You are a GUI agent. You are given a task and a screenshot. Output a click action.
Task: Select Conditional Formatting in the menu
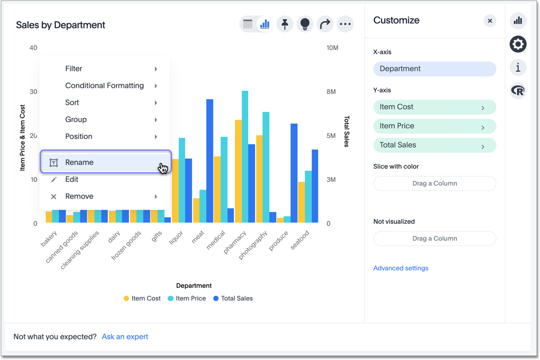click(104, 86)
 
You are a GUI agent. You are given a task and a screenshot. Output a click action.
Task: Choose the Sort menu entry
click(72, 103)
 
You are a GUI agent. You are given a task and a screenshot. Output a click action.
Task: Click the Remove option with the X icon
click(79, 197)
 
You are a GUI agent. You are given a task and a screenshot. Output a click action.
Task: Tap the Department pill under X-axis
click(434, 69)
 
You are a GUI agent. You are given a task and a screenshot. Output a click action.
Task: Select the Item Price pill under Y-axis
click(434, 126)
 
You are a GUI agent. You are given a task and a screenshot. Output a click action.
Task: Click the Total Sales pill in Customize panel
click(434, 145)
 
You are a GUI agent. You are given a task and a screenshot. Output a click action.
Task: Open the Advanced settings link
click(400, 268)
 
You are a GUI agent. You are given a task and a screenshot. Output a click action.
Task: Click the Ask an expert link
click(125, 337)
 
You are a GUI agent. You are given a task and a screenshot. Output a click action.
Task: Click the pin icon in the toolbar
click(285, 24)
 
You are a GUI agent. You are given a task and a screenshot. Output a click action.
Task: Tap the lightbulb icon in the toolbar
click(305, 24)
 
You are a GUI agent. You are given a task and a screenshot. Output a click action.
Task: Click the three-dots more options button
click(345, 24)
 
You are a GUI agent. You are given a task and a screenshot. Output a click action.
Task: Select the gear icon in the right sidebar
click(518, 44)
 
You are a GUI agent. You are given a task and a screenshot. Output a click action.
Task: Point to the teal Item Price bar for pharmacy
click(245, 156)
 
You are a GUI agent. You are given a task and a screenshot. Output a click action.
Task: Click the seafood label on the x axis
click(300, 240)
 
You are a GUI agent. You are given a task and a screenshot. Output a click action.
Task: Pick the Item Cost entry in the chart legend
click(142, 298)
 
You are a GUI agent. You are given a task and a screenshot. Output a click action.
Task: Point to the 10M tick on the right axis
click(332, 48)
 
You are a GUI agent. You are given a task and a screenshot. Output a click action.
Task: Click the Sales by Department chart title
click(60, 25)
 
